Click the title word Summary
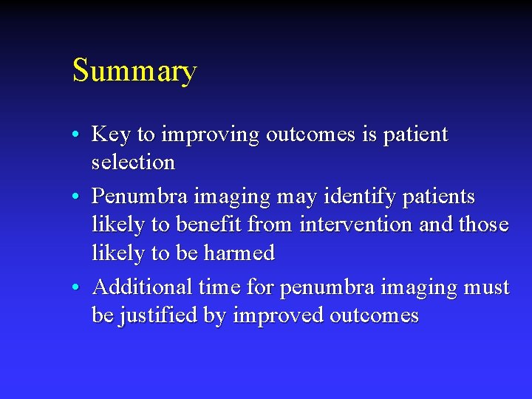134,72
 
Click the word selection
133,162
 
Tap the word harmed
238,253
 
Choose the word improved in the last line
278,316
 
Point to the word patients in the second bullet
436,197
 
